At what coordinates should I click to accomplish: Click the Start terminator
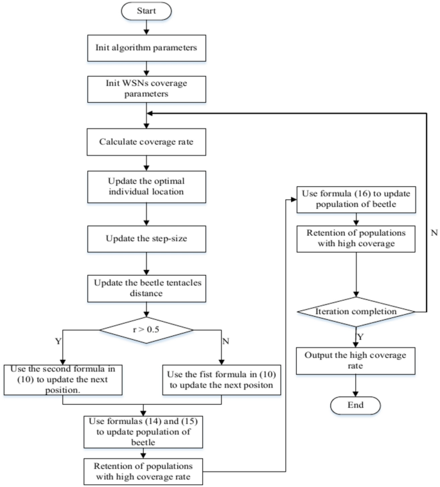click(x=148, y=12)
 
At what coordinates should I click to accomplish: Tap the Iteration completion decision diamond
click(x=356, y=311)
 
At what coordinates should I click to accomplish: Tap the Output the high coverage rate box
click(x=356, y=360)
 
